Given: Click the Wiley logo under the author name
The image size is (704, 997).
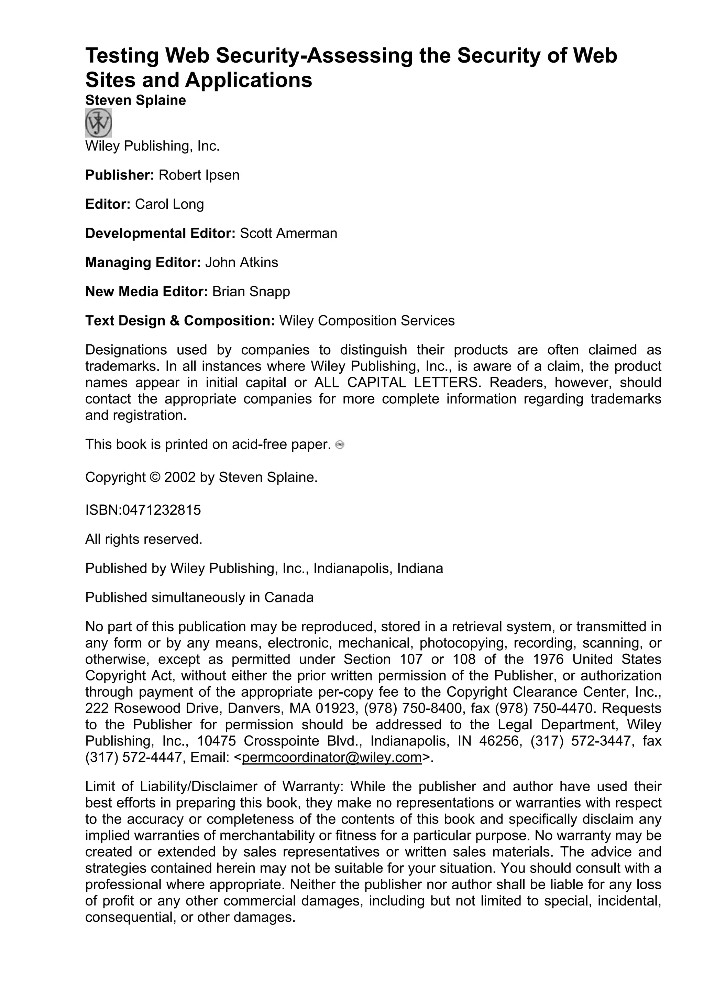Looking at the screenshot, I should (98, 123).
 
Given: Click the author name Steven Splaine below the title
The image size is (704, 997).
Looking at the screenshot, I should (135, 100).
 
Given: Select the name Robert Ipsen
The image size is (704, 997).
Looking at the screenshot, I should (199, 175).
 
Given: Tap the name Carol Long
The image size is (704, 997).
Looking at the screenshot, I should (169, 204).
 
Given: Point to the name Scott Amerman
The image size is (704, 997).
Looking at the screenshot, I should (288, 233).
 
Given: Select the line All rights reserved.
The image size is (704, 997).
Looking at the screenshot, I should (144, 539).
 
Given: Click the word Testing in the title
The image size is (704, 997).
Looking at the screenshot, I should (121, 56).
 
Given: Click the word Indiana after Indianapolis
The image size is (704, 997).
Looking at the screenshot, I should (418, 568).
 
